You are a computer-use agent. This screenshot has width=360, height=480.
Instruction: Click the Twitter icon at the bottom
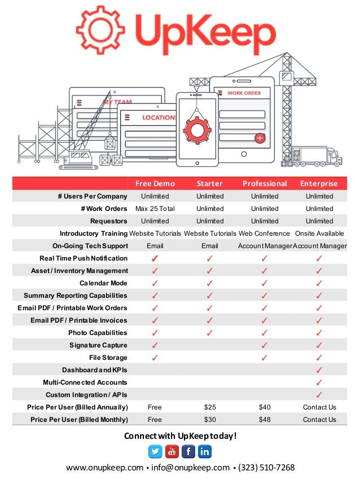pyautogui.click(x=155, y=451)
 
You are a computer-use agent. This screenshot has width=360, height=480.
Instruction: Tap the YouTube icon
pyautogui.click(x=172, y=451)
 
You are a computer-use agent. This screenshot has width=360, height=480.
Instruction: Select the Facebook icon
pyautogui.click(x=188, y=451)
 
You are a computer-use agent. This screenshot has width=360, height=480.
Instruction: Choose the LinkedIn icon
pyautogui.click(x=204, y=451)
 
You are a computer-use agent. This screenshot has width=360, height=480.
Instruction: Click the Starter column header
pyautogui.click(x=210, y=184)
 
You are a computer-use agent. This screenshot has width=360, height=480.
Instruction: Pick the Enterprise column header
pyautogui.click(x=319, y=184)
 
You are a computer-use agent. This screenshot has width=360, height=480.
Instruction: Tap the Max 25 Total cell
pyautogui.click(x=155, y=209)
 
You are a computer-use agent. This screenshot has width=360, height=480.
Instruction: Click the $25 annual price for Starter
pyautogui.click(x=210, y=407)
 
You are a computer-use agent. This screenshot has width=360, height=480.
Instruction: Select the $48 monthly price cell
pyautogui.click(x=265, y=420)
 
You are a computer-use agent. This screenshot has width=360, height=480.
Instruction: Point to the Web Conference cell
pyautogui.click(x=264, y=234)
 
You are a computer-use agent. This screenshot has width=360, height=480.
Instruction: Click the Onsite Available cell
pyautogui.click(x=319, y=234)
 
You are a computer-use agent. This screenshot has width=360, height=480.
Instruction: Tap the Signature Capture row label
pyautogui.click(x=98, y=345)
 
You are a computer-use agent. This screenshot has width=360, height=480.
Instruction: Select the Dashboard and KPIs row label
pyautogui.click(x=95, y=370)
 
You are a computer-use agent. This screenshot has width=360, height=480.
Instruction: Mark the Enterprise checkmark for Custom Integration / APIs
pyautogui.click(x=319, y=395)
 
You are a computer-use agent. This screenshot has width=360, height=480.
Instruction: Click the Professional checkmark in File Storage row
pyautogui.click(x=265, y=358)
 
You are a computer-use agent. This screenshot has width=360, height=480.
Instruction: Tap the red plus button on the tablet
pyautogui.click(x=260, y=138)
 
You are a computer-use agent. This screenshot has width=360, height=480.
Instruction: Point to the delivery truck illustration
pyautogui.click(x=317, y=156)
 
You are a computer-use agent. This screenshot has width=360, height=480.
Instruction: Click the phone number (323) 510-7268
pyautogui.click(x=266, y=468)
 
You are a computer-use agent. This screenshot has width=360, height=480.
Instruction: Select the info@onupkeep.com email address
pyautogui.click(x=190, y=468)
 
